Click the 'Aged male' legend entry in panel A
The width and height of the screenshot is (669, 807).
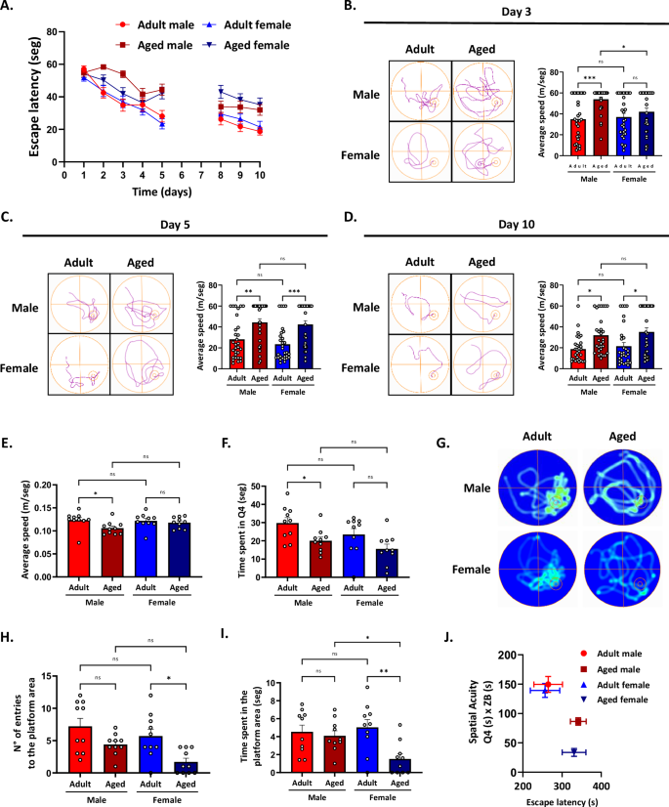117,44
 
